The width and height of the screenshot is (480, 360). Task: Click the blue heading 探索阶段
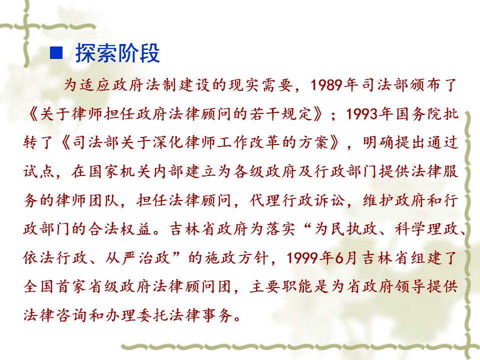pos(117,53)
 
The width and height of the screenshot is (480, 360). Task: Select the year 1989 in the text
pos(326,85)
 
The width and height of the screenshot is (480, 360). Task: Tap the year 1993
pos(362,114)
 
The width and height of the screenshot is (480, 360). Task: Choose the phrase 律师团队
pos(87,200)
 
